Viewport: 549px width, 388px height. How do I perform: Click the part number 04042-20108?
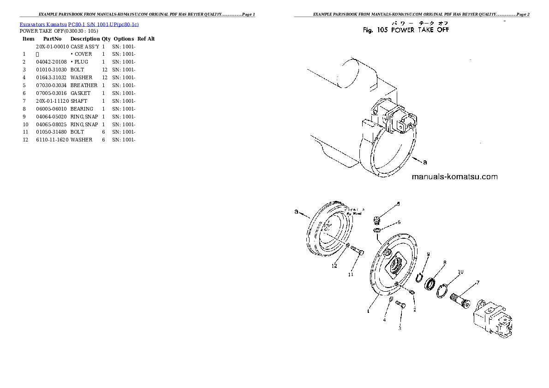[x=51, y=62]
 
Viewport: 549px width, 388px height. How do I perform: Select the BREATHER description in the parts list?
[x=84, y=85]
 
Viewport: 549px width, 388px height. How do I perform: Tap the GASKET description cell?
[x=80, y=93]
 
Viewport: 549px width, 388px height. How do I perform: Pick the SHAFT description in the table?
[x=78, y=101]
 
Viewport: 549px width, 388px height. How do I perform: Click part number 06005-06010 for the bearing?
[x=51, y=109]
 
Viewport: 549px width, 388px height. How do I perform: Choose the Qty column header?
[x=106, y=39]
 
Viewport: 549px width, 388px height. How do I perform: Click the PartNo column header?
[x=52, y=39]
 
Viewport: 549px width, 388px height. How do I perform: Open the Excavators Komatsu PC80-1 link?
[x=79, y=24]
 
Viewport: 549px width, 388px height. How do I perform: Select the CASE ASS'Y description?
[x=84, y=47]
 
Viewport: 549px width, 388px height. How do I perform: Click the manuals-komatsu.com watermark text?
[x=454, y=176]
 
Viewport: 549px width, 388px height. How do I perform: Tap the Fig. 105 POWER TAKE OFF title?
[x=406, y=30]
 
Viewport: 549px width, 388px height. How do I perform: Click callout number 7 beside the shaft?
[x=477, y=282]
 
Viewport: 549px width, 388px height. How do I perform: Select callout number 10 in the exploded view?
[x=460, y=272]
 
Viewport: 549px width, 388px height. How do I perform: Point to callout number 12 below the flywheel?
[x=334, y=266]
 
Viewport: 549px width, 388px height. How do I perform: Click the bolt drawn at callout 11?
[x=357, y=251]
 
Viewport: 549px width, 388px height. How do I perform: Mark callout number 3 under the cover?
[x=400, y=328]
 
